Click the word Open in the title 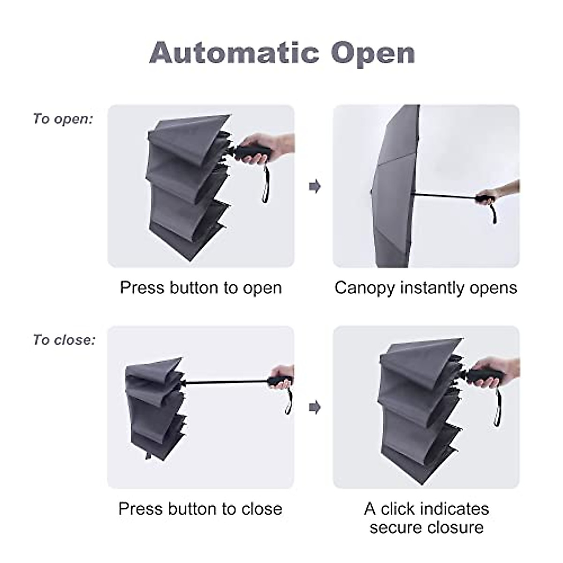373,53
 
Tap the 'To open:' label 63,119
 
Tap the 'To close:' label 64,340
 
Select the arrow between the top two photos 314,186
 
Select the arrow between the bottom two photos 314,407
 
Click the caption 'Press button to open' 201,288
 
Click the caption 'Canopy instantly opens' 426,288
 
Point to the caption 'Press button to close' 200,509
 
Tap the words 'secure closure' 426,527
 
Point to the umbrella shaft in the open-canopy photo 443,195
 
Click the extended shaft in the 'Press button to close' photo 225,382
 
